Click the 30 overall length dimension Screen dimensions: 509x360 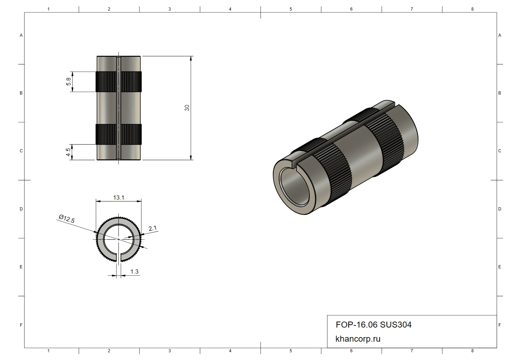(187, 108)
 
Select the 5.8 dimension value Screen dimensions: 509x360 (68, 81)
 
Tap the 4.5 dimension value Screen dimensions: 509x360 (68, 152)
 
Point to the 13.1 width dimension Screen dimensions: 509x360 (119, 197)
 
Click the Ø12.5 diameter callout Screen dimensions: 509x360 (67, 219)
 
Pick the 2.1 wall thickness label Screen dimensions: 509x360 (153, 228)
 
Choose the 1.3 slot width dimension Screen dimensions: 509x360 (134, 271)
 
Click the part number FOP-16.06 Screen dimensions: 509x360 (357, 325)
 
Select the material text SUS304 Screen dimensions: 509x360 (395, 325)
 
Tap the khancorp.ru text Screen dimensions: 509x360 (358, 339)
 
